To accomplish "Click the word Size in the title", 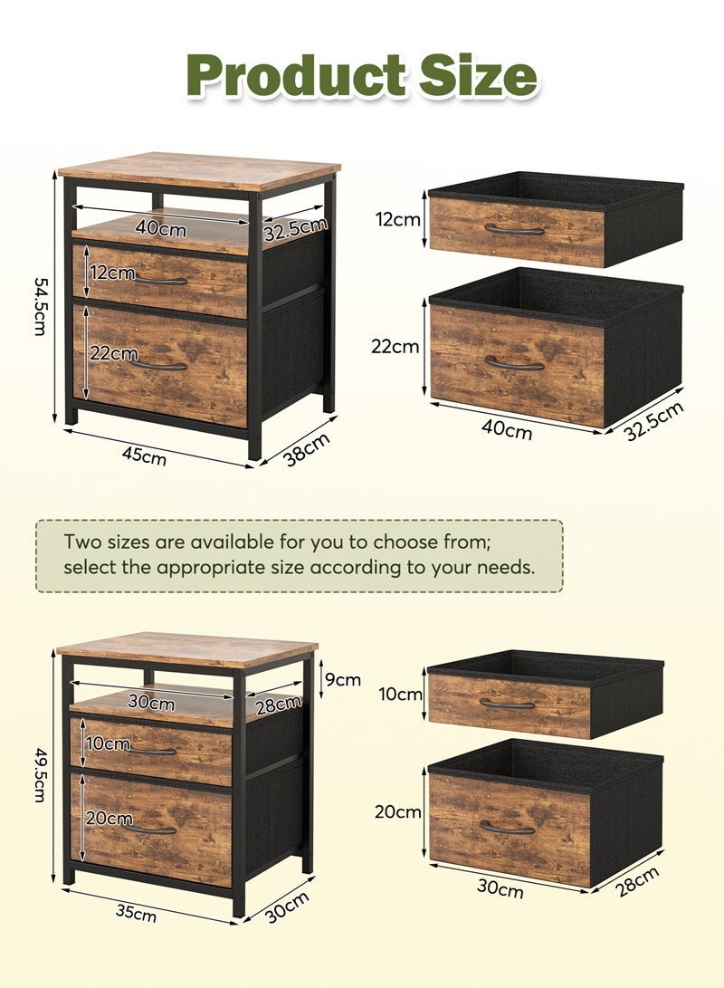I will [x=476, y=77].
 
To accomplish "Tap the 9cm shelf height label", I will [x=343, y=679].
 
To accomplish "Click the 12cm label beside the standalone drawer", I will [x=398, y=218].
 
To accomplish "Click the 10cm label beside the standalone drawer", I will [x=402, y=695].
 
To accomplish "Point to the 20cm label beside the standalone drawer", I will [x=398, y=811].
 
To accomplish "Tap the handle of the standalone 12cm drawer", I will [x=514, y=230].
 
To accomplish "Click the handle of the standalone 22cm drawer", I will [x=514, y=364].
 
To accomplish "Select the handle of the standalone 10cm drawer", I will [x=507, y=703].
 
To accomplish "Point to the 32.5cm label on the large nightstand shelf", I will [x=295, y=230].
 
